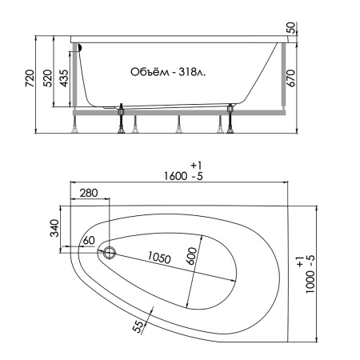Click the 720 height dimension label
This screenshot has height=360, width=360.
(x=30, y=78)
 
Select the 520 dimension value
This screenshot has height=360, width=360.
(x=48, y=78)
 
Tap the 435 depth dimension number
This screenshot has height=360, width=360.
(x=64, y=78)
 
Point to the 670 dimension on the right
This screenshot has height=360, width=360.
(x=291, y=78)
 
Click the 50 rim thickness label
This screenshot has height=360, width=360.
(x=291, y=28)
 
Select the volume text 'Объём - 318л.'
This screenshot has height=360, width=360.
(x=168, y=72)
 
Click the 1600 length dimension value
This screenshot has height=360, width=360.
(x=175, y=176)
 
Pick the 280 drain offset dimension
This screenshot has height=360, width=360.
(x=89, y=193)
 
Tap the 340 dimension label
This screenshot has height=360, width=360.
(x=54, y=228)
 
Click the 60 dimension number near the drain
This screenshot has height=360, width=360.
(x=89, y=240)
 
